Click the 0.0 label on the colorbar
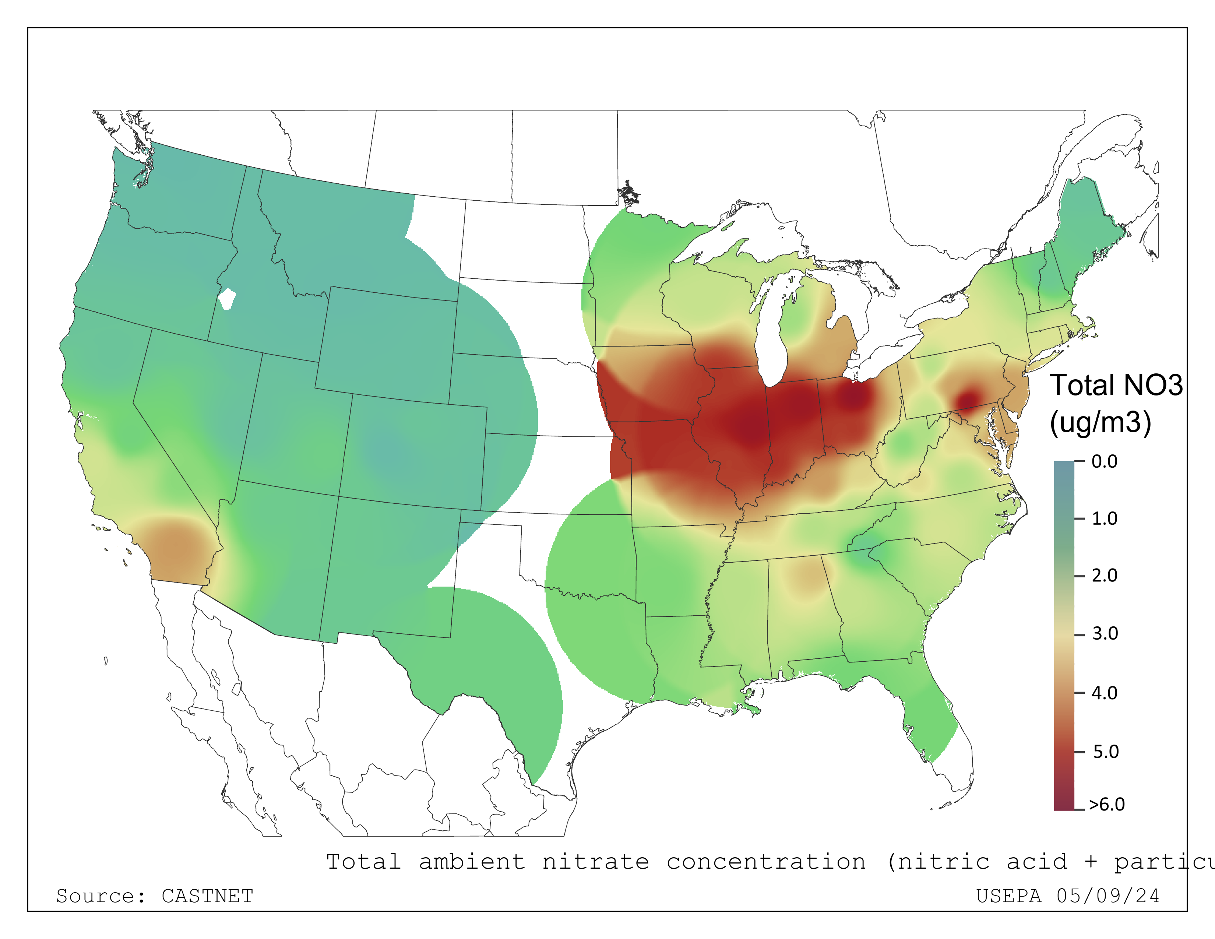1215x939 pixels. [x=1104, y=462]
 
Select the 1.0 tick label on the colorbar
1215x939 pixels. [x=1104, y=518]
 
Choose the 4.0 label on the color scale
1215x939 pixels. [x=1104, y=693]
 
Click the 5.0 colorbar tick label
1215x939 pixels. [x=1105, y=752]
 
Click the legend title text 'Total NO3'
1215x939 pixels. [x=1116, y=386]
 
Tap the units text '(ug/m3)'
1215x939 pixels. [x=1100, y=423]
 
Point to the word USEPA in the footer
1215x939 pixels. [x=1008, y=896]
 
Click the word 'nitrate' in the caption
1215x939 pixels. [x=595, y=862]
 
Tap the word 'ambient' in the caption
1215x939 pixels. [x=472, y=862]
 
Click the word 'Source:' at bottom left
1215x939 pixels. [x=101, y=896]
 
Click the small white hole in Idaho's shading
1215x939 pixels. [x=226, y=299]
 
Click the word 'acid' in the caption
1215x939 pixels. [x=1037, y=862]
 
